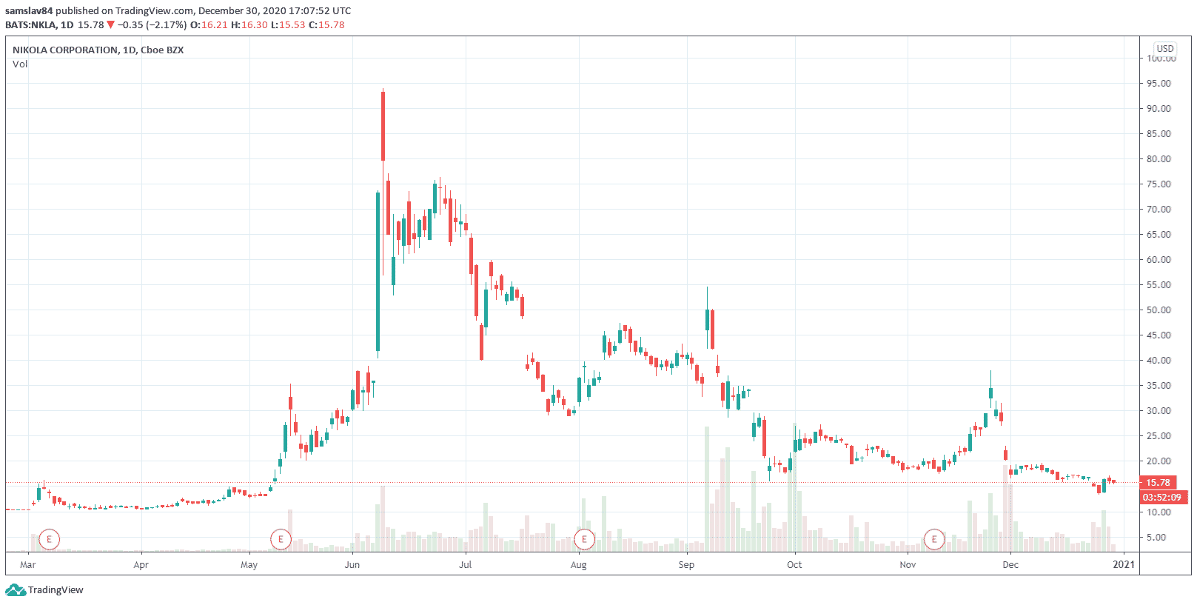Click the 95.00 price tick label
pos(1159,83)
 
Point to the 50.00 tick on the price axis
pos(1159,310)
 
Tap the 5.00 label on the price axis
pos(1161,537)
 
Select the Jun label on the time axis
pos(352,564)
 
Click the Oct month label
pos(794,564)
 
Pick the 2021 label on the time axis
pos(1124,564)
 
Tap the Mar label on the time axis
pos(28,564)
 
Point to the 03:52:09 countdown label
pos(1161,497)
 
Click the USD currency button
pos(1165,48)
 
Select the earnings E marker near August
pos(584,539)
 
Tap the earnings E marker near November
pos(934,539)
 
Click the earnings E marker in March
pos(49,539)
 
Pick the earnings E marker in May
pos(281,539)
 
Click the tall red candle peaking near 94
pos(383,126)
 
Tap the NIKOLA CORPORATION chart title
pos(98,50)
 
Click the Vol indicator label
pos(20,64)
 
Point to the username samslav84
pos(29,11)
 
